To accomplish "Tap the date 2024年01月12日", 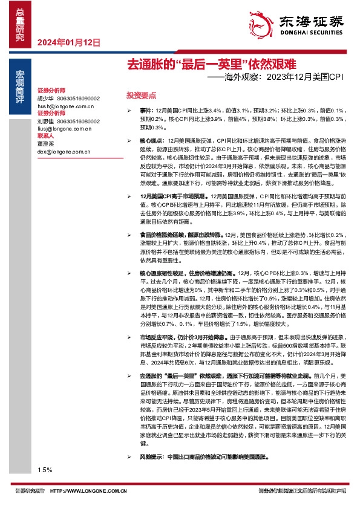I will click(x=68, y=42).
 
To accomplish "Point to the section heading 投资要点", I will click(x=141, y=96).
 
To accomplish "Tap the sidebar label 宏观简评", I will click(x=20, y=84).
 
